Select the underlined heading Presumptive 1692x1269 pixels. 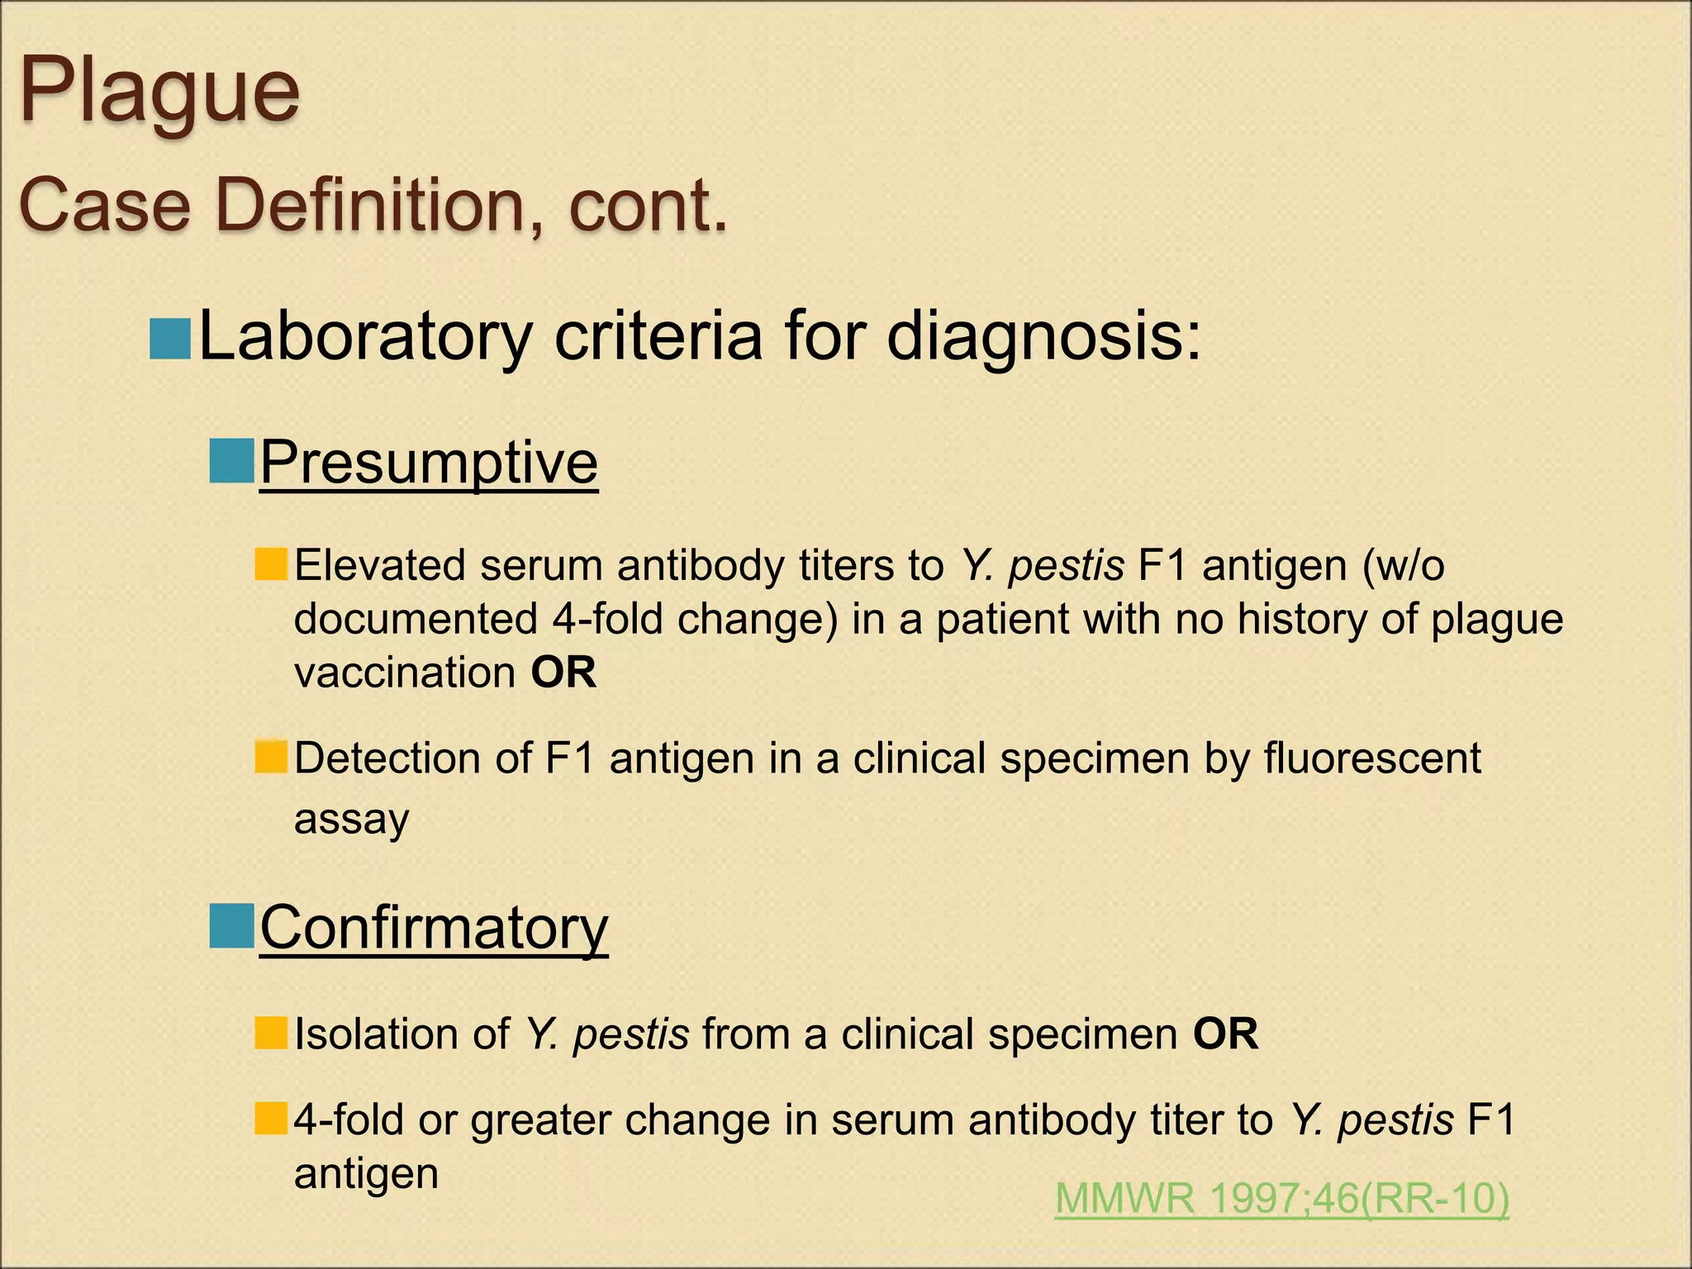[429, 463]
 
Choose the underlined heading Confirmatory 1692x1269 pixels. [434, 928]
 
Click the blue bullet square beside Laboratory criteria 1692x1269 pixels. [170, 339]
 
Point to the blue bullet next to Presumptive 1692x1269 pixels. [231, 461]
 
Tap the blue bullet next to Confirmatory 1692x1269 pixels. [231, 926]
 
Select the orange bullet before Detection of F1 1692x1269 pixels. [271, 757]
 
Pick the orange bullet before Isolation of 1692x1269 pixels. [271, 1033]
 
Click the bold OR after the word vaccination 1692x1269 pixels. [563, 673]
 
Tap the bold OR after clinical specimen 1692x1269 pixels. [1225, 1034]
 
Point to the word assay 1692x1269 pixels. [352, 820]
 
